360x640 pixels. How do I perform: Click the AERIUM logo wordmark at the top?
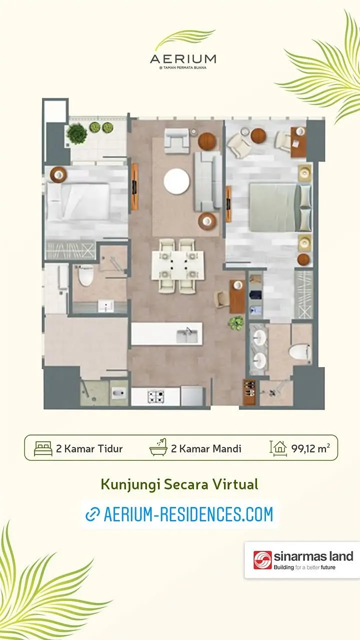click(183, 59)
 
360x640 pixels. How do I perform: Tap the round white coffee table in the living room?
click(176, 181)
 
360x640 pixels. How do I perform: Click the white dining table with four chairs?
click(177, 265)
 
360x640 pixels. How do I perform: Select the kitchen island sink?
click(187, 335)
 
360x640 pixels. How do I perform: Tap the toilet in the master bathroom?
click(299, 351)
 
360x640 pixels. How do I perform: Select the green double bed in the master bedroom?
click(280, 207)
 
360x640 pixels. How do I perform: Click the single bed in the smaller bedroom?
click(78, 202)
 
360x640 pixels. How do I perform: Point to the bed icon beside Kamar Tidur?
click(43, 448)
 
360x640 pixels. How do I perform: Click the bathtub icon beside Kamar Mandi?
click(158, 447)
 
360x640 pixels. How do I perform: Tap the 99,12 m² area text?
click(310, 448)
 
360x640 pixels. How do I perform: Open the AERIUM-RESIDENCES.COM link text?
click(188, 514)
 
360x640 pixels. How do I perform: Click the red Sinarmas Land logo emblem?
click(262, 560)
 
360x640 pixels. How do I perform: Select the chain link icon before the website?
click(93, 514)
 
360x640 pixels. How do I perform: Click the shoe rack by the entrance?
click(249, 392)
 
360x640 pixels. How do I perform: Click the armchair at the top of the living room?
click(176, 140)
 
